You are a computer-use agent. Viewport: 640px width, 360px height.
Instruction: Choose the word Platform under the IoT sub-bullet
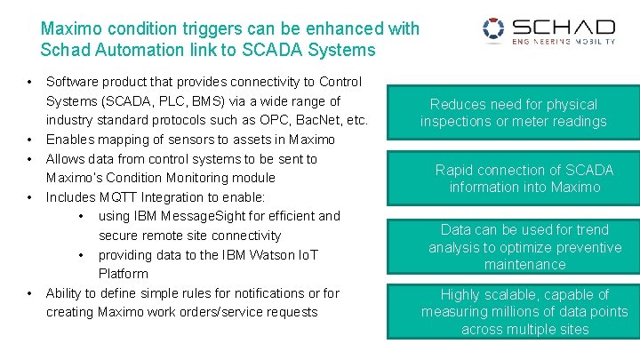(123, 274)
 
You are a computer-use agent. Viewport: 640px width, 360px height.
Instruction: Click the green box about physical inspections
(513, 113)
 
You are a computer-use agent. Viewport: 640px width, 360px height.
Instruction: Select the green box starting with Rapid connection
(513, 179)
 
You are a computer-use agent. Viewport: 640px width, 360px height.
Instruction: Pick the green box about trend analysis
(513, 246)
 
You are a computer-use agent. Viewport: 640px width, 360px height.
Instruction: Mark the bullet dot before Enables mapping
(29, 140)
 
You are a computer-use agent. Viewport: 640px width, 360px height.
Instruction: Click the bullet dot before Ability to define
(29, 292)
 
